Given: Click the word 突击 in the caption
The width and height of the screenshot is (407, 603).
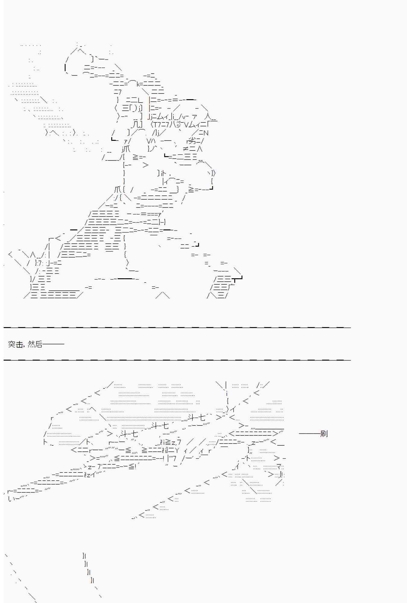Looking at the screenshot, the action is tap(16, 344).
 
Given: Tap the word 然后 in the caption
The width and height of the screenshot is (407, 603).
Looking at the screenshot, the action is tap(35, 344).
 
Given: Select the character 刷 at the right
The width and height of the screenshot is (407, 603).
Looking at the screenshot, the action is tap(324, 434).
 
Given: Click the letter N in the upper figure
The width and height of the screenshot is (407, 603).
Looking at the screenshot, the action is tap(206, 133).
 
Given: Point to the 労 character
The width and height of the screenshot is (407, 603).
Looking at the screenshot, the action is tap(192, 141).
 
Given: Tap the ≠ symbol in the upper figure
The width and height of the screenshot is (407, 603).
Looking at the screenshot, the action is tap(186, 149).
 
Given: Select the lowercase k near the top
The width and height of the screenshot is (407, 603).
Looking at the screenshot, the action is tap(138, 85).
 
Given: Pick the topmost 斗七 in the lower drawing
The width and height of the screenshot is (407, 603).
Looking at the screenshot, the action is tap(197, 418).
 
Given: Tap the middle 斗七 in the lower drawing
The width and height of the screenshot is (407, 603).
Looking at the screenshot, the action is tap(160, 426).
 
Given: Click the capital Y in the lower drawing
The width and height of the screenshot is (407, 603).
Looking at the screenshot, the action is tap(177, 450).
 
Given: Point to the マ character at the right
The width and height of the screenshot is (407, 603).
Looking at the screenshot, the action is tap(279, 467).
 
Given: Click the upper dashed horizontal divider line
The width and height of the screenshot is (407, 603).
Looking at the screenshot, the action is tap(177, 327).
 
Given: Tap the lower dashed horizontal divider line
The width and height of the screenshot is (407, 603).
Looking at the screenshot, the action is tap(177, 360).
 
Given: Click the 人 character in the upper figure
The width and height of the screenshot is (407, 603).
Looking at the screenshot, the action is tap(208, 116).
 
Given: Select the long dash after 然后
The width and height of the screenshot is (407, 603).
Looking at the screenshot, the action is tap(53, 344).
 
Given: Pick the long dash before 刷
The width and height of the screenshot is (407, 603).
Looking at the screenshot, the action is tap(310, 434).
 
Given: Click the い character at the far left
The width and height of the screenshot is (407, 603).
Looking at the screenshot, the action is tap(11, 499).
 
